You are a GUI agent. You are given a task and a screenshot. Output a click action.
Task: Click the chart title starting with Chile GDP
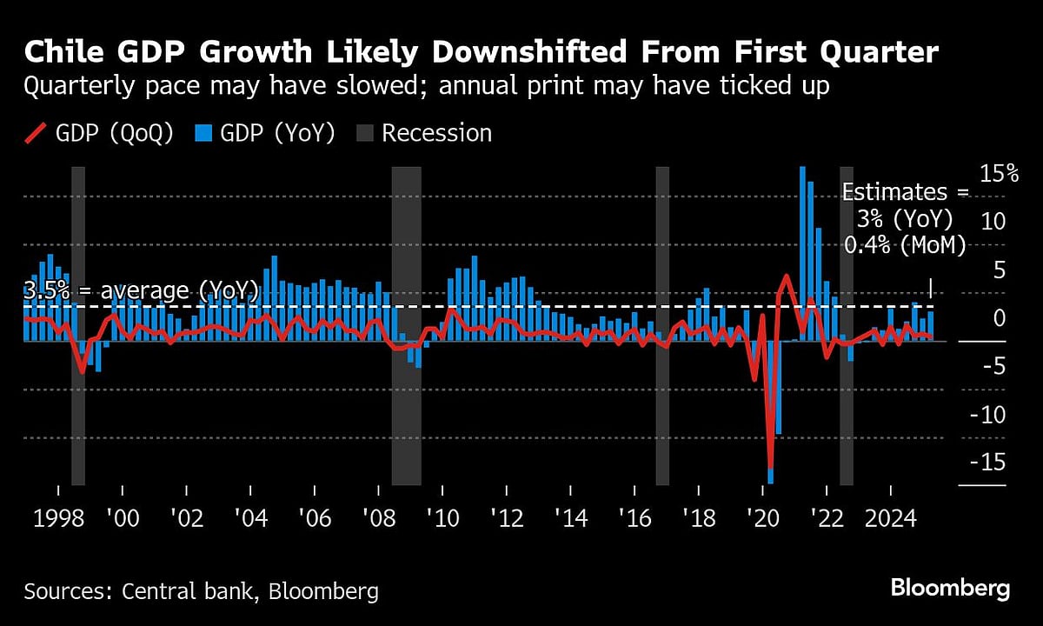(x=481, y=53)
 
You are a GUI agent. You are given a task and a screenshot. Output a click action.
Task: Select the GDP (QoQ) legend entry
(x=103, y=133)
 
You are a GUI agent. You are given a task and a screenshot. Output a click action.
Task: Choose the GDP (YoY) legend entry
(x=265, y=133)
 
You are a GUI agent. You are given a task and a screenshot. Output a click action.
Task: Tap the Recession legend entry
(x=425, y=133)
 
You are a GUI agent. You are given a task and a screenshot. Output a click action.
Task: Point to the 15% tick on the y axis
(x=999, y=174)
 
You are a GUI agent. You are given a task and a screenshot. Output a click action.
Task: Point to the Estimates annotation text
(x=905, y=219)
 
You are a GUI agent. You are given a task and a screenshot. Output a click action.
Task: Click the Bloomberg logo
(x=950, y=588)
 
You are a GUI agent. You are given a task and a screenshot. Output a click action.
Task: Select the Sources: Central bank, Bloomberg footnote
(x=202, y=592)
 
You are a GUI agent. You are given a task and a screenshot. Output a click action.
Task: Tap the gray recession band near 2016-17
(x=662, y=326)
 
